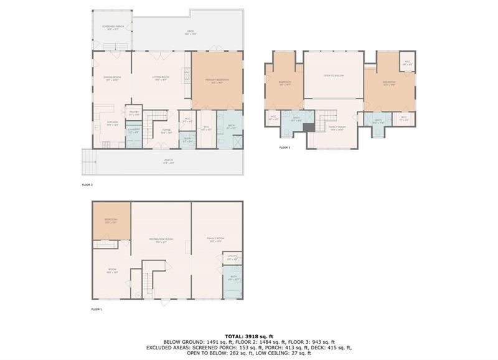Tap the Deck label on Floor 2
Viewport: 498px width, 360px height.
[x=190, y=32]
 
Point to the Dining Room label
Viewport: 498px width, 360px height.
[x=112, y=78]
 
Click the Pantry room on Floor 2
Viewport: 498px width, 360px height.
[x=134, y=113]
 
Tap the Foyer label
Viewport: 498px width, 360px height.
[x=166, y=131]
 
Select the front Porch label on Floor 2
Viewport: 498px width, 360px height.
[x=168, y=160]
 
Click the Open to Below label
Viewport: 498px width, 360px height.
[x=334, y=76]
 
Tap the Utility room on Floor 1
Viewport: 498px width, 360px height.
[x=233, y=257]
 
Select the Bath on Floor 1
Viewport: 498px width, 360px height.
[x=233, y=278]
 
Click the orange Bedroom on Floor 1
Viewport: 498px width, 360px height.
[x=111, y=221]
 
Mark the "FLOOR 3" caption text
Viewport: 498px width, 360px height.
[x=284, y=148]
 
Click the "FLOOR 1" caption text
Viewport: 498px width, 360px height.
[x=96, y=309]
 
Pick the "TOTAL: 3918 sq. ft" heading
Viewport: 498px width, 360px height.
[x=249, y=336]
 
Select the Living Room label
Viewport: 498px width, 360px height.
[x=161, y=78]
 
